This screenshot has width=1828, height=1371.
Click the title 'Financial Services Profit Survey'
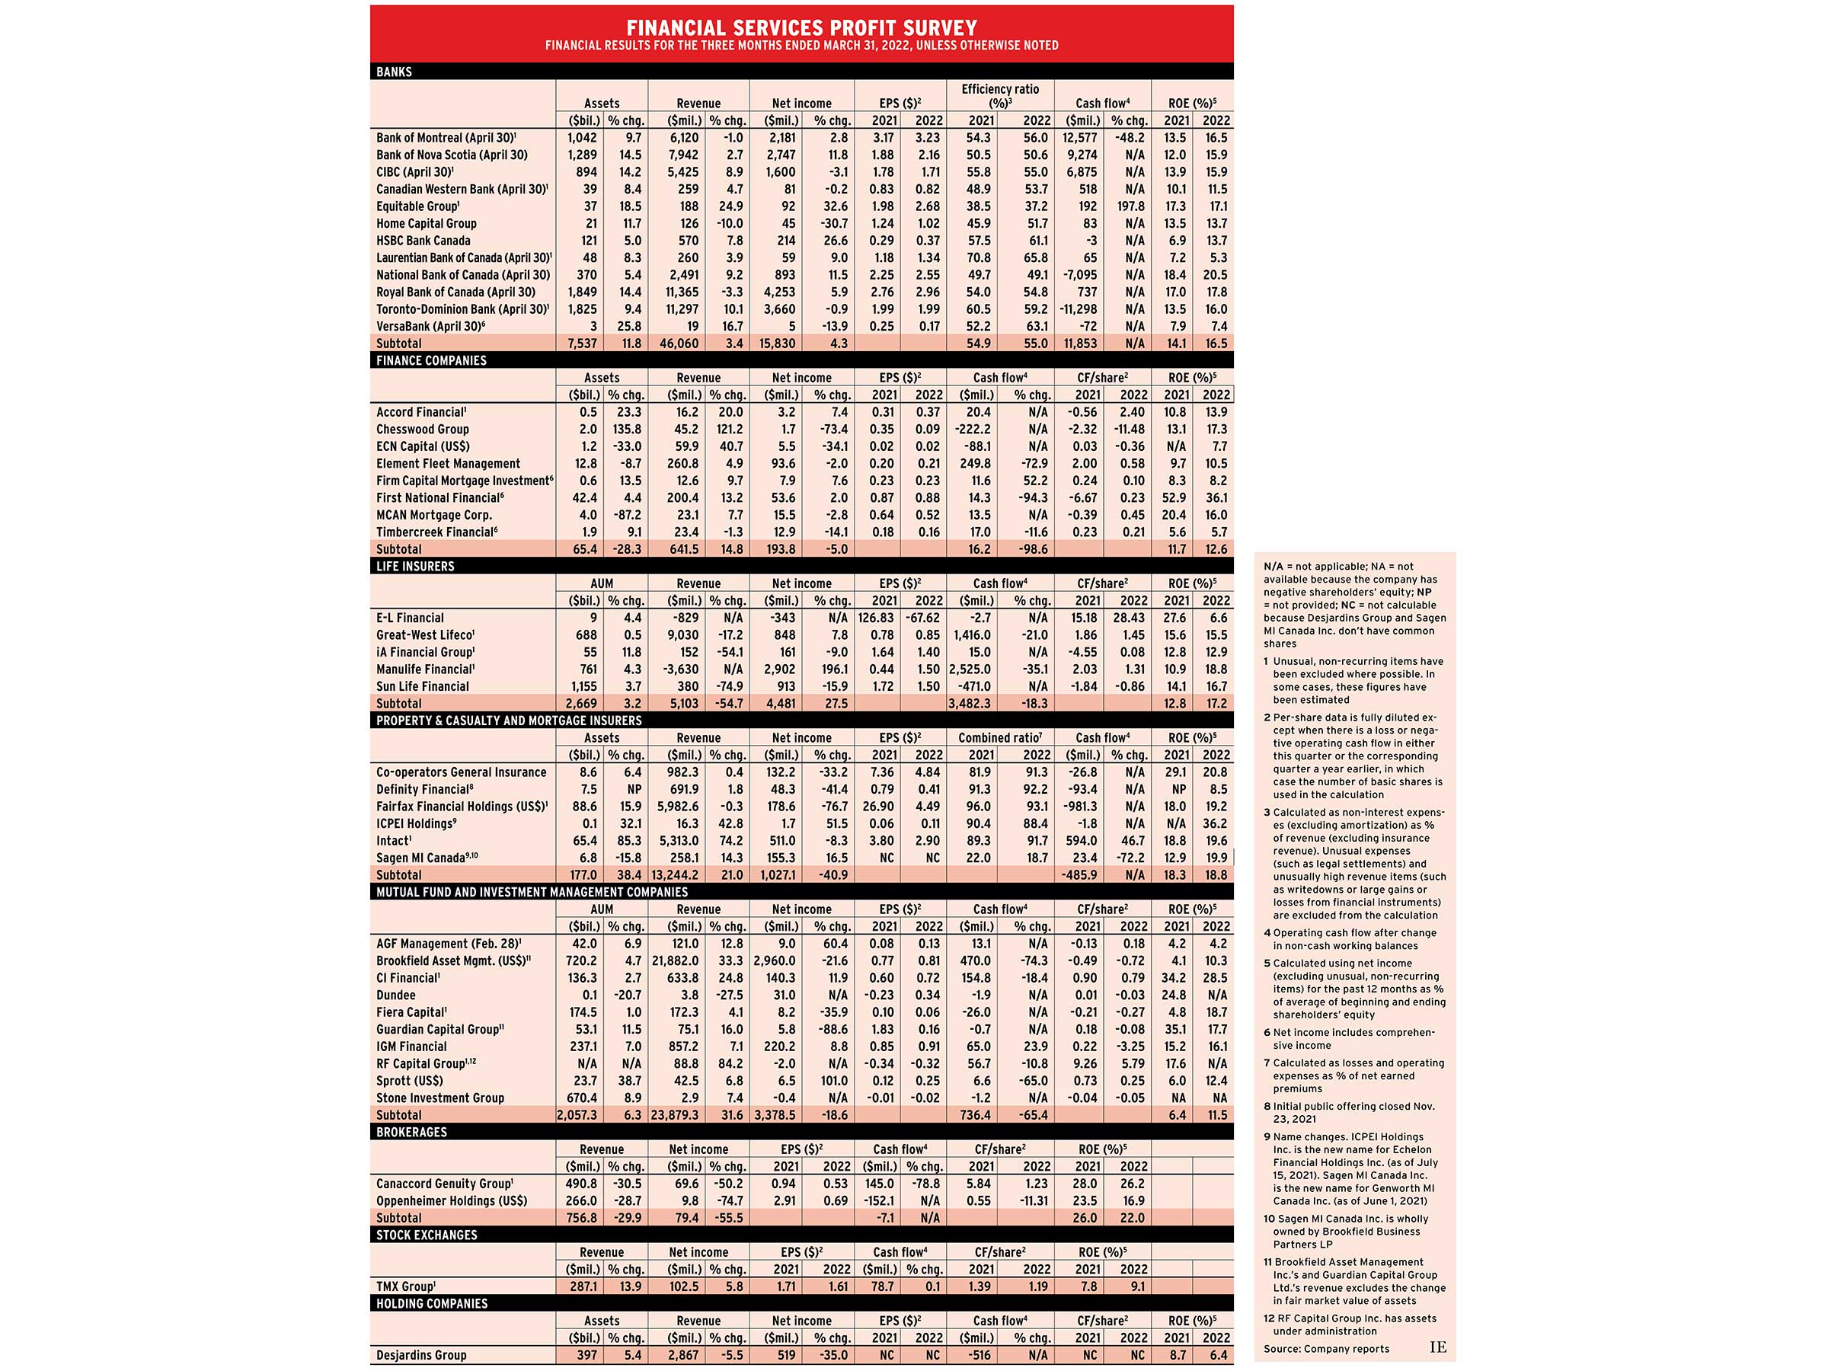(801, 28)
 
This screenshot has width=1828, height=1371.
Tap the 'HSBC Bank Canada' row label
(423, 241)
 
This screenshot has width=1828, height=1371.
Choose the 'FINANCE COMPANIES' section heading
(431, 360)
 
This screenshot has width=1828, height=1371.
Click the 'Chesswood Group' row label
(422, 429)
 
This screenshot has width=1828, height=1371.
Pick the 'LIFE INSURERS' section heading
(415, 566)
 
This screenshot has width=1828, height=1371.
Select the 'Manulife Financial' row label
(425, 670)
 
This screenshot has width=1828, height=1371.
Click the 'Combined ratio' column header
(1000, 738)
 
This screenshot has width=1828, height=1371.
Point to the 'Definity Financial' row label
(425, 789)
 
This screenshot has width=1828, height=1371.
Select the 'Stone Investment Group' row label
(439, 1098)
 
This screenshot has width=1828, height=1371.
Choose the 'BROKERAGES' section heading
(411, 1132)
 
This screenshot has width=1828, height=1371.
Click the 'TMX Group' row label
(406, 1286)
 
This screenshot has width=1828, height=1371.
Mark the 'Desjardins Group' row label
(421, 1355)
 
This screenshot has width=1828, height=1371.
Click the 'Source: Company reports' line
(1325, 1349)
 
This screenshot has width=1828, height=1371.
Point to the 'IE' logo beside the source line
(1438, 1347)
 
